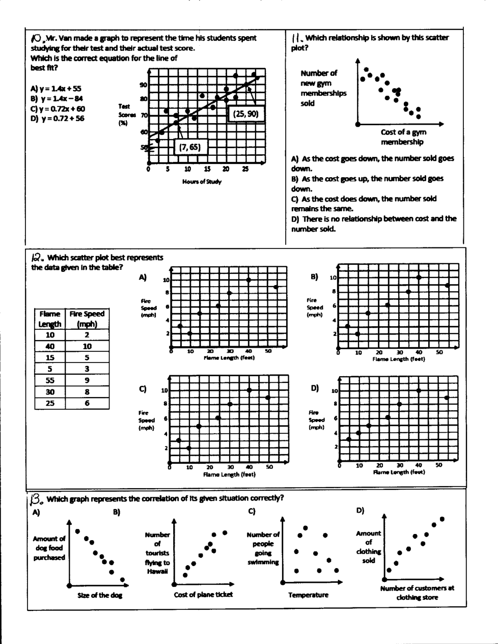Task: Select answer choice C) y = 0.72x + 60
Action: tap(58, 109)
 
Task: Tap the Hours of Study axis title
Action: tap(202, 182)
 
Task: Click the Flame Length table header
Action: tap(50, 319)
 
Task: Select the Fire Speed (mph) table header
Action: tap(87, 319)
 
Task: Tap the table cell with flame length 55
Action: tap(50, 380)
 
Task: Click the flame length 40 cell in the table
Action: tap(50, 347)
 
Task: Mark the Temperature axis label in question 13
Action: tap(308, 595)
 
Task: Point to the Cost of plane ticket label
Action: tap(203, 595)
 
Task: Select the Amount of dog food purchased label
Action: tap(49, 548)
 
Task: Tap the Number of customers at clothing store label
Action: tap(417, 593)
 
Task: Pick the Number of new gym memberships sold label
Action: tap(323, 88)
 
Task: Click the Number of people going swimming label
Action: tap(263, 548)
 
